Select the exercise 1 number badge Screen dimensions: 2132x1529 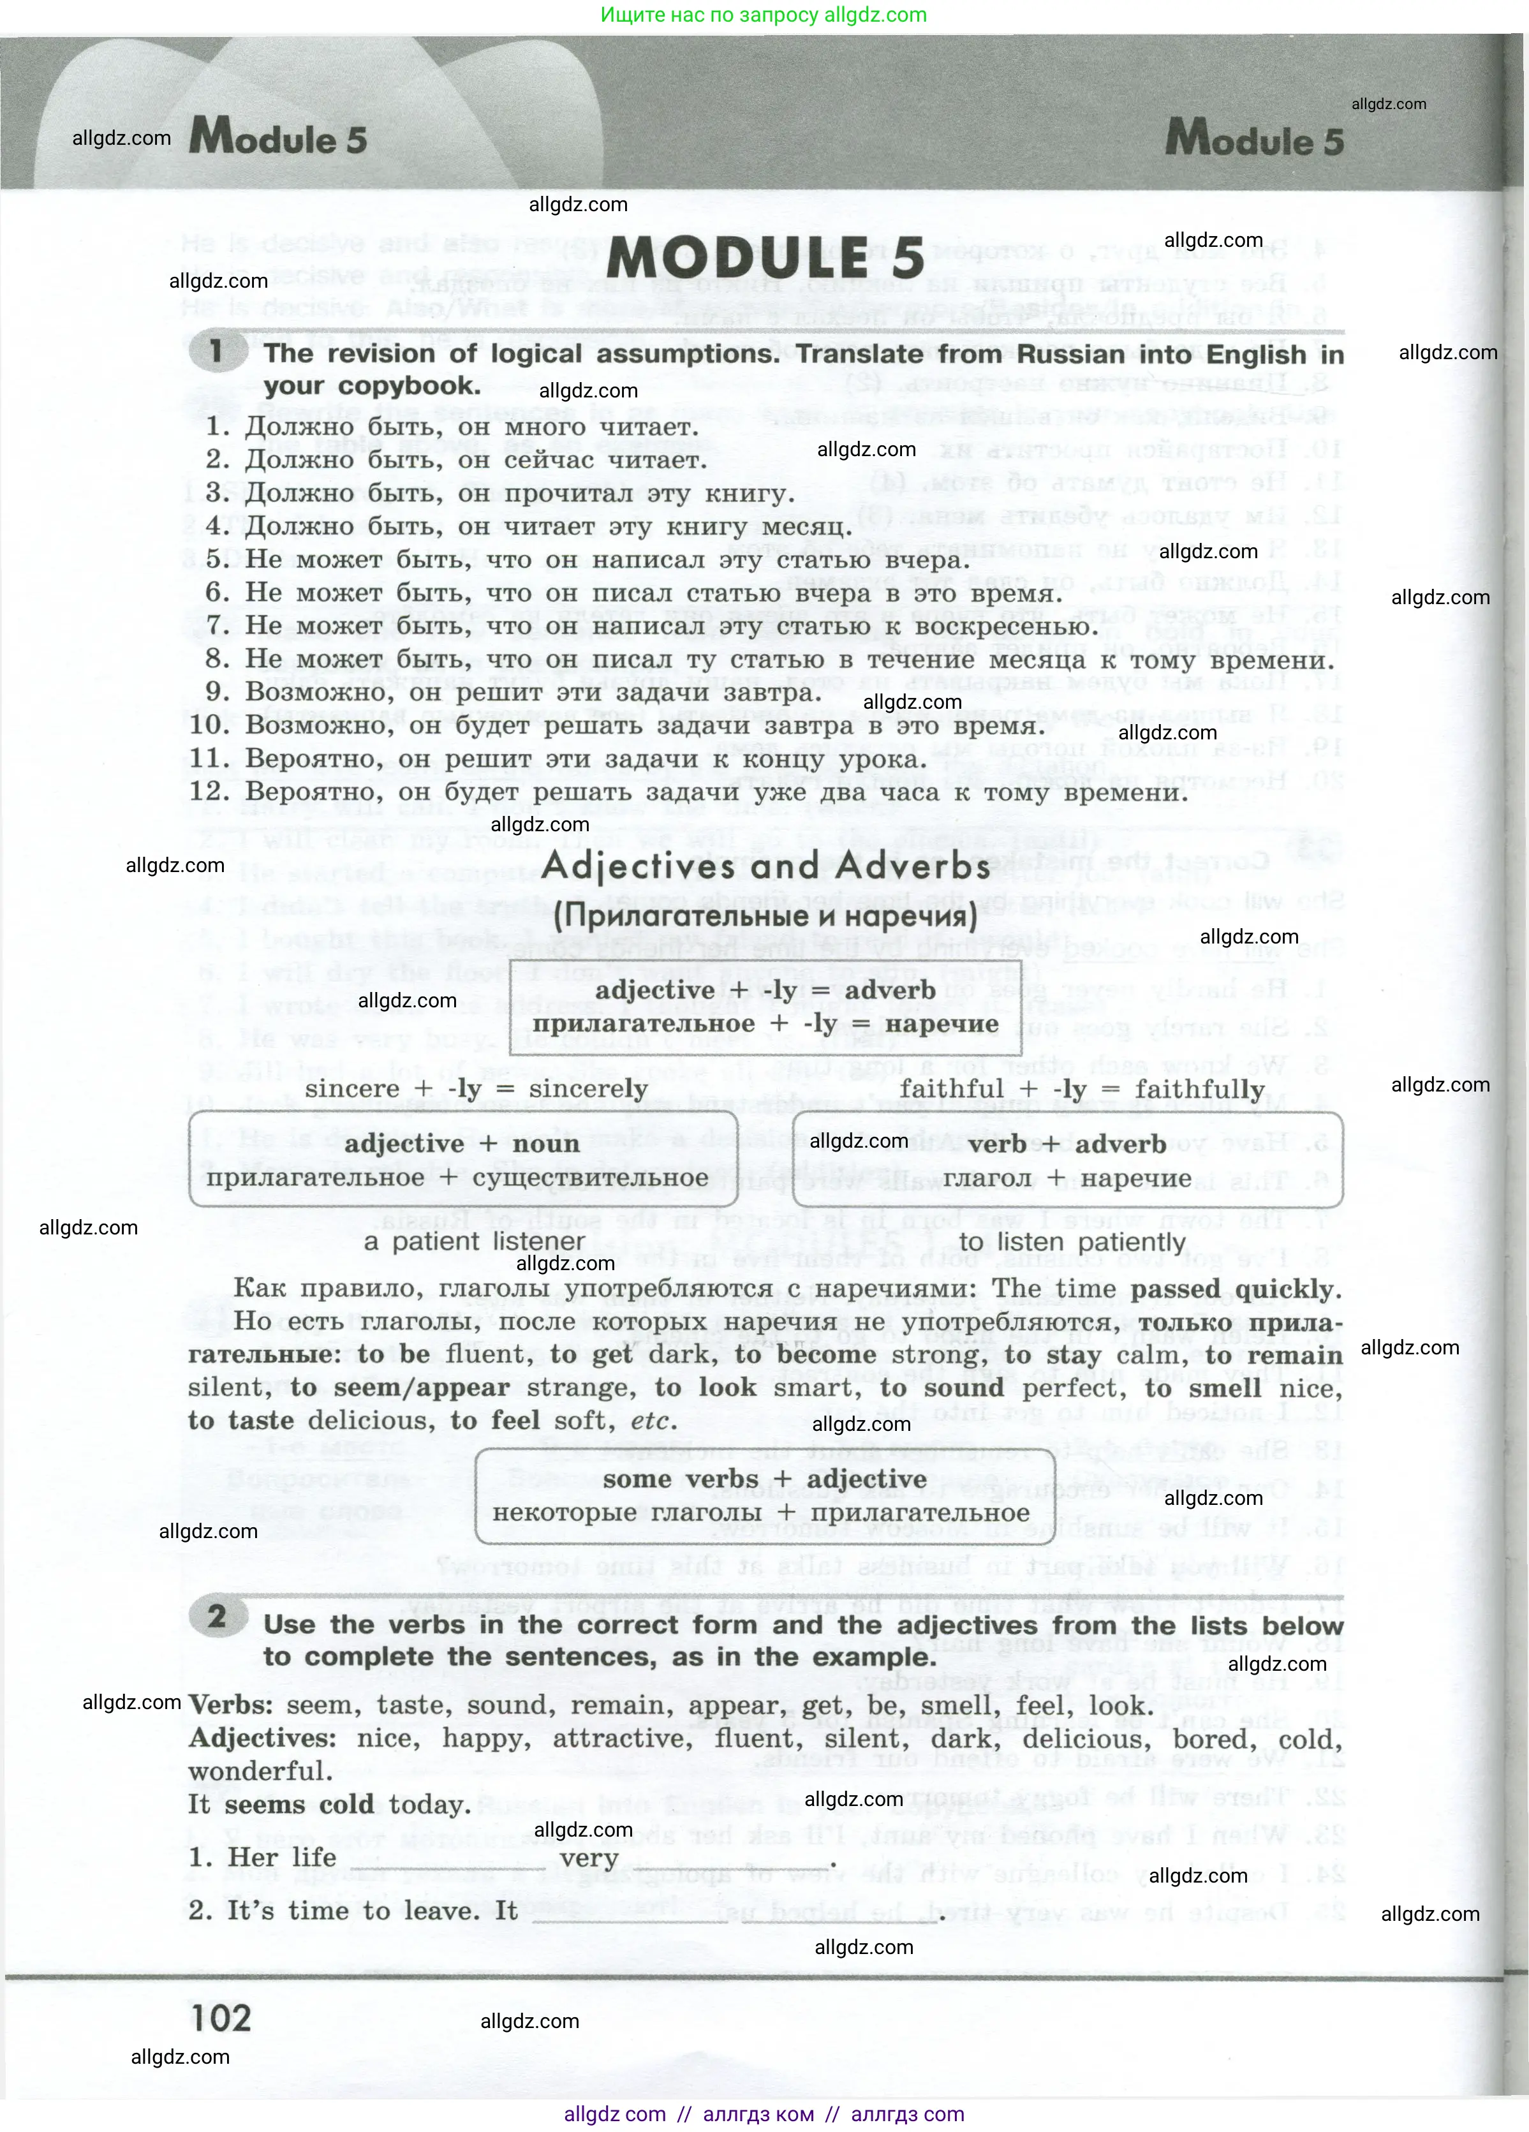click(216, 353)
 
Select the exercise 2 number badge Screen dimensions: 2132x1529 click(216, 1616)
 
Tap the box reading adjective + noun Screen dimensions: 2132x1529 click(462, 1160)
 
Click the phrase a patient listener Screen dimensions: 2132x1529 click(474, 1242)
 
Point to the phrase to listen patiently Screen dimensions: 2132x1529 click(1072, 1242)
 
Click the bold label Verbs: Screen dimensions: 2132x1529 click(231, 1705)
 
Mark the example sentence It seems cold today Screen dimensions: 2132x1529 click(329, 1805)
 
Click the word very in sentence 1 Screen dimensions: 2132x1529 click(589, 1858)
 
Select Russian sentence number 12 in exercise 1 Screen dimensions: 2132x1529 click(688, 792)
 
